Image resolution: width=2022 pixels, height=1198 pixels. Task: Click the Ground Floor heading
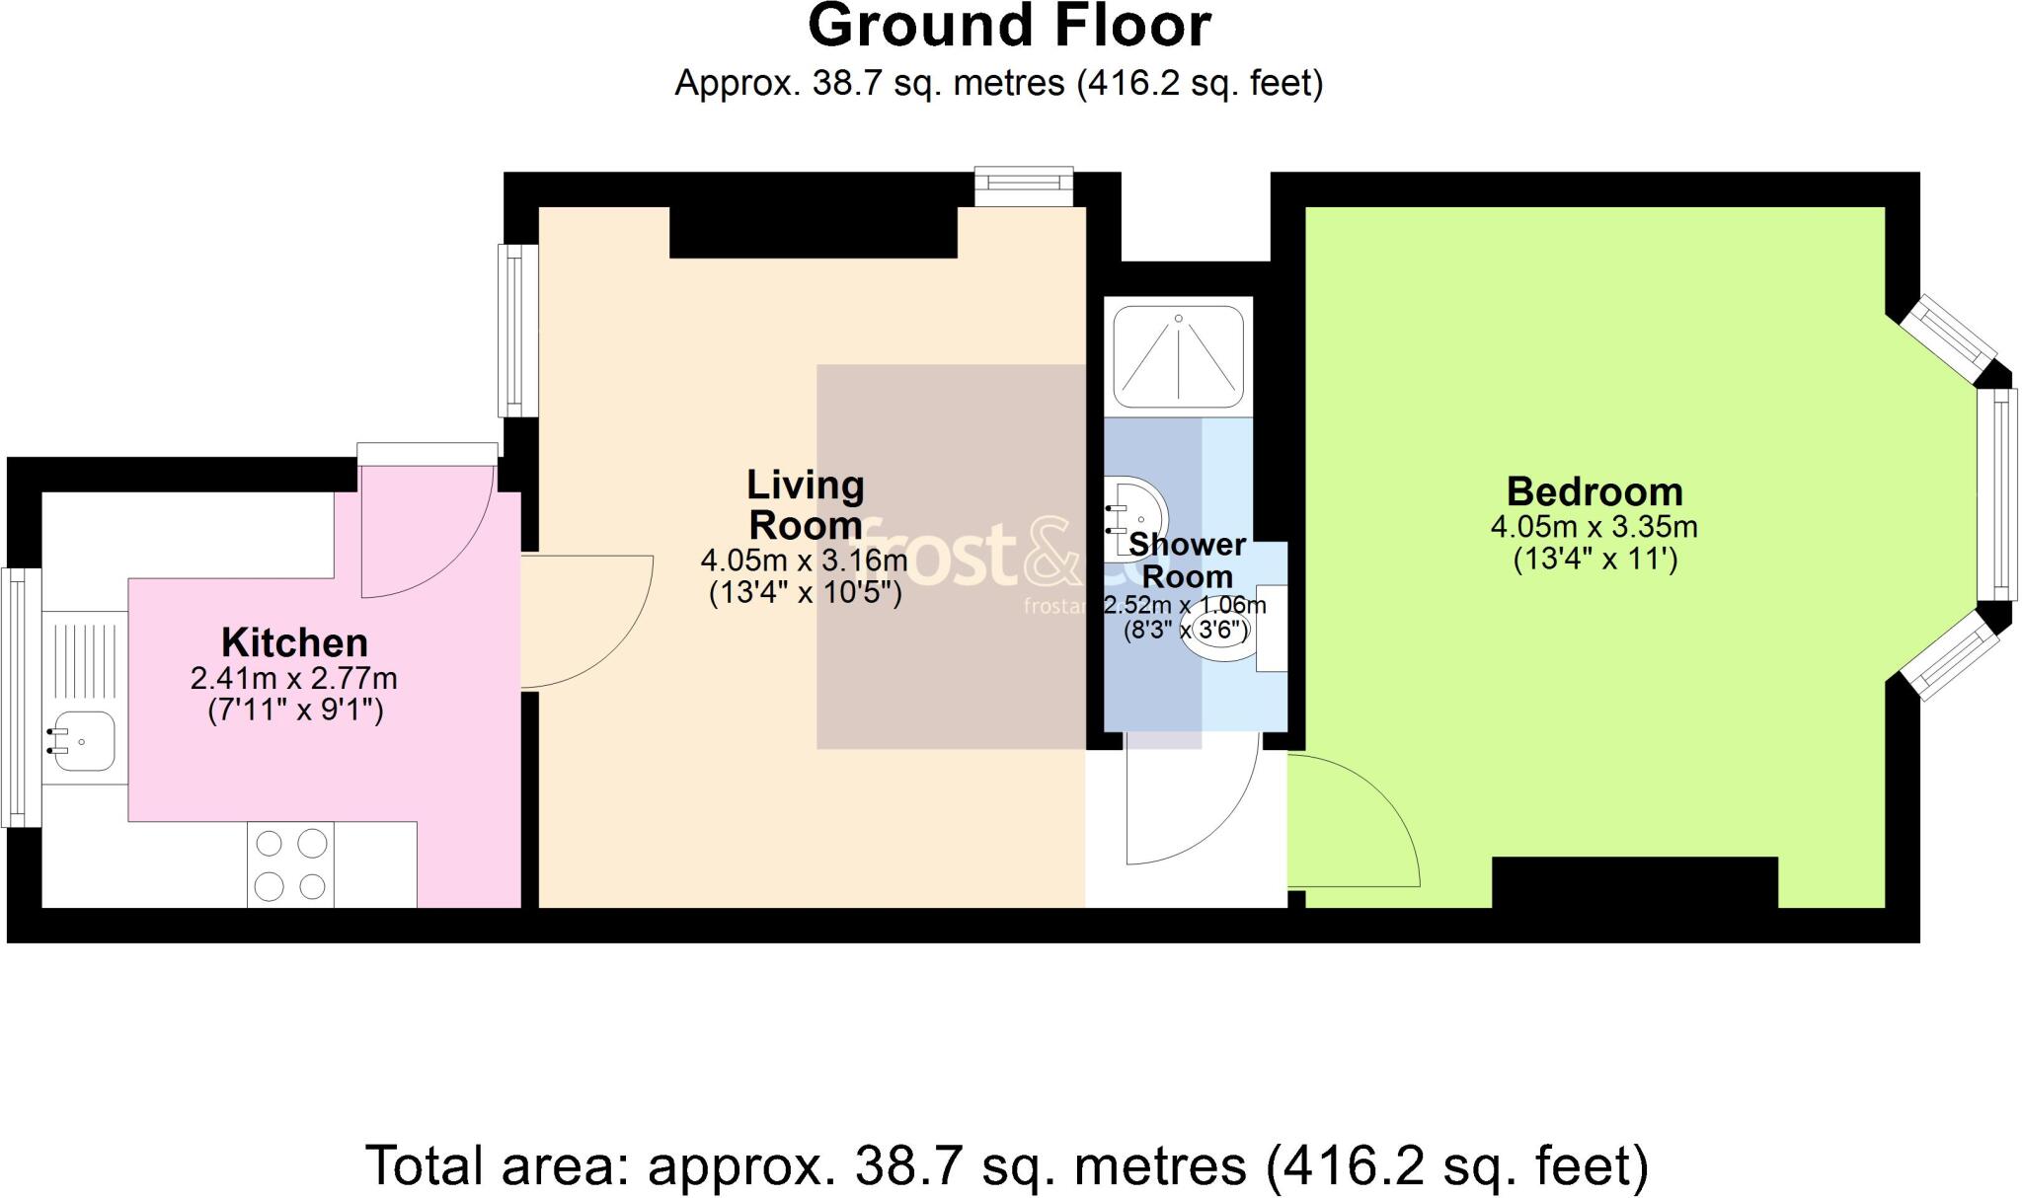point(1009,27)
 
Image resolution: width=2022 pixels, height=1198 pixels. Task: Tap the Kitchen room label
point(294,642)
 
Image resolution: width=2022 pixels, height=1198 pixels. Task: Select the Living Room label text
point(806,504)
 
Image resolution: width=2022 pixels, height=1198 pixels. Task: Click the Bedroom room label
point(1594,491)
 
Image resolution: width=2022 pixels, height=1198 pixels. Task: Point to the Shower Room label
point(1187,560)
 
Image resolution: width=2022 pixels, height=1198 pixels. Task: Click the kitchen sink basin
point(84,740)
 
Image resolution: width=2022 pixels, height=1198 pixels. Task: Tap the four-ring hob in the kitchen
point(290,864)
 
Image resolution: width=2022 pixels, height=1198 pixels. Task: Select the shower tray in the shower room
point(1178,356)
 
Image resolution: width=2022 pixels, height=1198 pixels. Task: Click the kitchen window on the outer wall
point(19,697)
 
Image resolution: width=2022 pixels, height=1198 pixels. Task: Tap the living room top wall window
point(1024,186)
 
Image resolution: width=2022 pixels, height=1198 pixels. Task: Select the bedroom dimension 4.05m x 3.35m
point(1594,527)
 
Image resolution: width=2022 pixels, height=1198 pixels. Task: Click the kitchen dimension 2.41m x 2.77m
point(294,679)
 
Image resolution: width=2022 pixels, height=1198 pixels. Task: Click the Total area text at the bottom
point(1007,1165)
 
